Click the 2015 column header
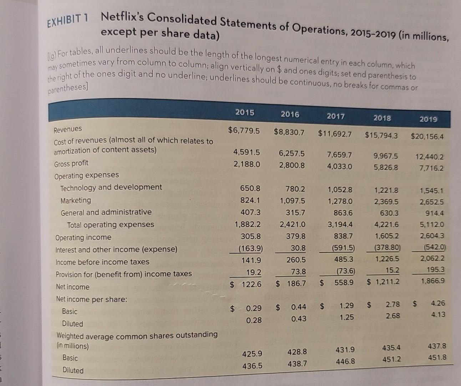coord(245,112)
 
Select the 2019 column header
coord(428,119)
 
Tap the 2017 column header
coord(336,116)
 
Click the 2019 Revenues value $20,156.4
coord(427,136)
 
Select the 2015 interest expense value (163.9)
coord(251,248)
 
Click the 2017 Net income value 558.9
coord(344,282)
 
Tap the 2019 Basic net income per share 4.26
coord(438,303)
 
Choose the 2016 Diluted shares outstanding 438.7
coord(297,363)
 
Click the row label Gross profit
coord(71,164)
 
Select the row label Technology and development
coord(111,187)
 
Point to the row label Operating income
coord(83,237)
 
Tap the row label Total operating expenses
coord(111,224)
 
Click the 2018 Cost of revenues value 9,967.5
coord(386,156)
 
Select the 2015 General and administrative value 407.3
coord(250,212)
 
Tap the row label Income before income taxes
coord(102,262)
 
